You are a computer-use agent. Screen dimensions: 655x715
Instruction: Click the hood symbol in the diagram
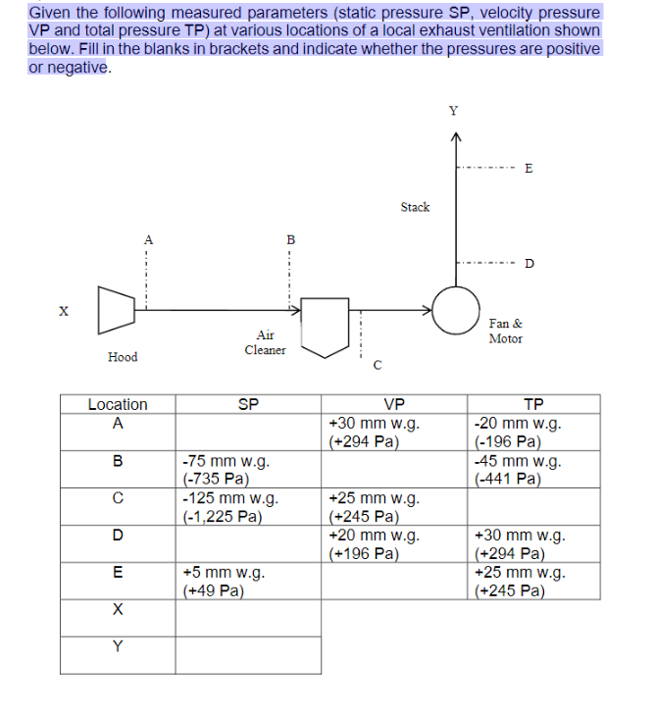(x=116, y=309)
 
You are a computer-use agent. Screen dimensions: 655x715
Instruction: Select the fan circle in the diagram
(x=455, y=309)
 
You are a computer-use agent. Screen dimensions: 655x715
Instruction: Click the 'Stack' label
(x=415, y=207)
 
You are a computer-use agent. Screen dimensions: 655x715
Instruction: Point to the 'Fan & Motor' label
(x=505, y=331)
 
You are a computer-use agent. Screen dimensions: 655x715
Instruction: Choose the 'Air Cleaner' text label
(x=265, y=342)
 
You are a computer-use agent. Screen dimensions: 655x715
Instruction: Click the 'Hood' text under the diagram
(x=123, y=357)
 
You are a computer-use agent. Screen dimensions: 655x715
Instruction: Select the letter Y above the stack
(x=453, y=110)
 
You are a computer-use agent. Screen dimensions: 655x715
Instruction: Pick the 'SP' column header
(x=248, y=404)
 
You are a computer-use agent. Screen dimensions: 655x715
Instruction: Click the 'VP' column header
(x=394, y=404)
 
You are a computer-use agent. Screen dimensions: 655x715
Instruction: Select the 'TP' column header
(x=533, y=404)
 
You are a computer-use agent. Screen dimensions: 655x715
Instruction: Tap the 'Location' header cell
(x=118, y=404)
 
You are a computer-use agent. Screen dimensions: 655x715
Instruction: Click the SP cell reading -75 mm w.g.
(x=248, y=469)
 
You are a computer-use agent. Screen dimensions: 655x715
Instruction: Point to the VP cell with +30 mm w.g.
(x=394, y=432)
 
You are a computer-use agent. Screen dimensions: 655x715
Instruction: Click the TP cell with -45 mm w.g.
(x=533, y=469)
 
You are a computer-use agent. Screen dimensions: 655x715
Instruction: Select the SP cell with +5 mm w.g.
(x=248, y=581)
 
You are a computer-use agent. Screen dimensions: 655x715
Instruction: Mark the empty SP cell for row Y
(x=248, y=654)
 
